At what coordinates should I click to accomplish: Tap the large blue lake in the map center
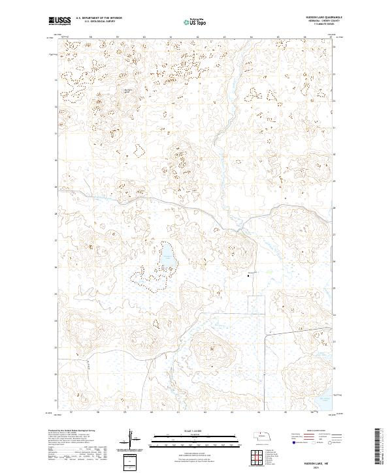(x=168, y=256)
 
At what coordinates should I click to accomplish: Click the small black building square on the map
(x=248, y=276)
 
